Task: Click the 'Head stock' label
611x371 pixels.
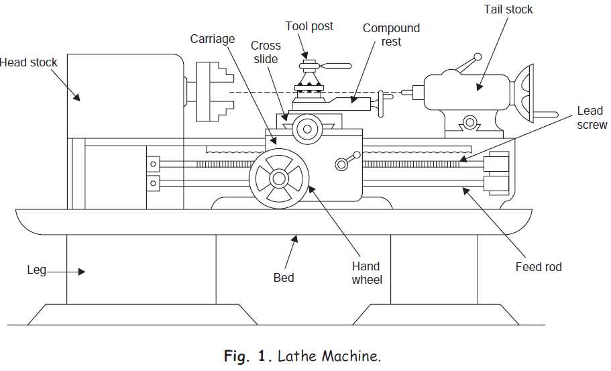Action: pos(28,62)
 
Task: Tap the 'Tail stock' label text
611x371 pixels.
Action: pos(508,9)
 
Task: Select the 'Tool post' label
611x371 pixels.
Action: pos(309,26)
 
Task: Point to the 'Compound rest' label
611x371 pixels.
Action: pos(391,35)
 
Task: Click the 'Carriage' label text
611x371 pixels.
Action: pos(213,39)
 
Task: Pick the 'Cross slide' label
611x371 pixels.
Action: pos(266,52)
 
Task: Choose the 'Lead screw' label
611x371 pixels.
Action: pos(592,117)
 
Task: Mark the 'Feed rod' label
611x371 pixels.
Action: pos(539,267)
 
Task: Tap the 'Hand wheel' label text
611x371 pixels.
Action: pos(367,273)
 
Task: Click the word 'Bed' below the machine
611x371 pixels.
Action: pos(284,278)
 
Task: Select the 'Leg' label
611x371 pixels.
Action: pos(37,270)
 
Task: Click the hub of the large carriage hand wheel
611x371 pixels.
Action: pos(279,178)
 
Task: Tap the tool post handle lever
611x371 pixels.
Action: pos(335,66)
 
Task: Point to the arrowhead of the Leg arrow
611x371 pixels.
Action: pos(81,272)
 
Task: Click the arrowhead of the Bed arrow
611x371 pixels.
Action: pos(296,239)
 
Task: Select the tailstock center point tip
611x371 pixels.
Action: pos(402,93)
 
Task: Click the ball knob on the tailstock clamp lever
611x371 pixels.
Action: pos(478,57)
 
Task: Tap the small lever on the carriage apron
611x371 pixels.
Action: pos(347,160)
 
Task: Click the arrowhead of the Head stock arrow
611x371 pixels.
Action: pos(76,97)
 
